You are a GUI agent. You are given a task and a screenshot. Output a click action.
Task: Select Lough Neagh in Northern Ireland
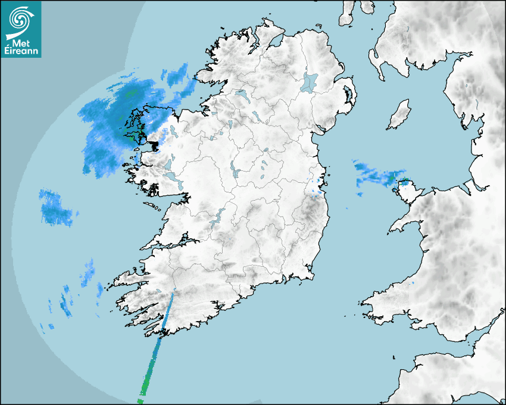pos(310,82)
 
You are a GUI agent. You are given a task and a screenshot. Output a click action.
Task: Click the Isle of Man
pos(399,115)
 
